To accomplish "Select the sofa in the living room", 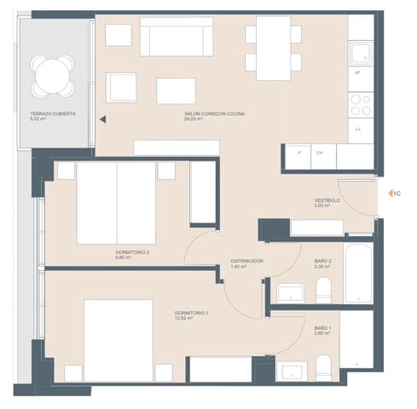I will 177,39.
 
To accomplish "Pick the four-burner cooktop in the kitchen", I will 362,105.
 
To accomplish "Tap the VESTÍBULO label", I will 327,200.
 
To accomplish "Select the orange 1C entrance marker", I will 396,193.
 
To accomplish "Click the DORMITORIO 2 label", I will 131,252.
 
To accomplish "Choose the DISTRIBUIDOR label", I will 246,261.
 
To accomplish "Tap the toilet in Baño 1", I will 324,369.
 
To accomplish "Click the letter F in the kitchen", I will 298,153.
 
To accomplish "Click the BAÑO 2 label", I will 322,261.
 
